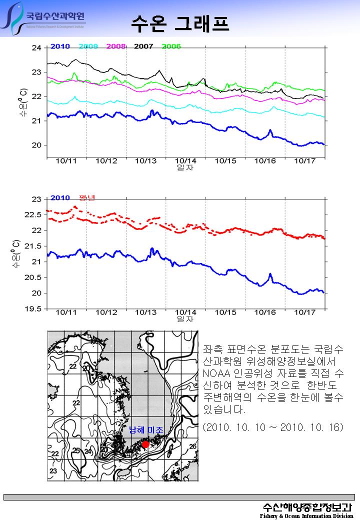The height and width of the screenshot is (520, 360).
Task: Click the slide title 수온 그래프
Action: [x=180, y=23]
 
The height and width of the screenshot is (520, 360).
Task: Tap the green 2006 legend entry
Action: [x=171, y=46]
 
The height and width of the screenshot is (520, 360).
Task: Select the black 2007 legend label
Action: [x=143, y=46]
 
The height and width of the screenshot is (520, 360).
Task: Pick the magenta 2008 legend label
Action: [x=115, y=46]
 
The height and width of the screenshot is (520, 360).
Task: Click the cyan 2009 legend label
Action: [x=88, y=46]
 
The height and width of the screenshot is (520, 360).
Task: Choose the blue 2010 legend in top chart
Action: [x=60, y=46]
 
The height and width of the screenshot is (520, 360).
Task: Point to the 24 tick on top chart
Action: [x=36, y=48]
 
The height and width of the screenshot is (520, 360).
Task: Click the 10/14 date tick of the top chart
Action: [x=185, y=161]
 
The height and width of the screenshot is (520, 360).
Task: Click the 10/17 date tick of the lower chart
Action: [x=305, y=312]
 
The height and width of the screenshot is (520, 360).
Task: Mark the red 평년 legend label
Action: [x=87, y=198]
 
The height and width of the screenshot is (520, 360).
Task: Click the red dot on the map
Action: [x=145, y=444]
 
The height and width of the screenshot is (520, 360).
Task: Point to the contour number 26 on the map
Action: [x=192, y=446]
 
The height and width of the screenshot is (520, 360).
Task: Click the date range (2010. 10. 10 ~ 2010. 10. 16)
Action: [x=273, y=428]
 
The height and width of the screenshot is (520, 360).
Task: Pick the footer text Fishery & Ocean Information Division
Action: [x=306, y=515]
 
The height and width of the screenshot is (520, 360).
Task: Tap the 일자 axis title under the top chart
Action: [x=185, y=167]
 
